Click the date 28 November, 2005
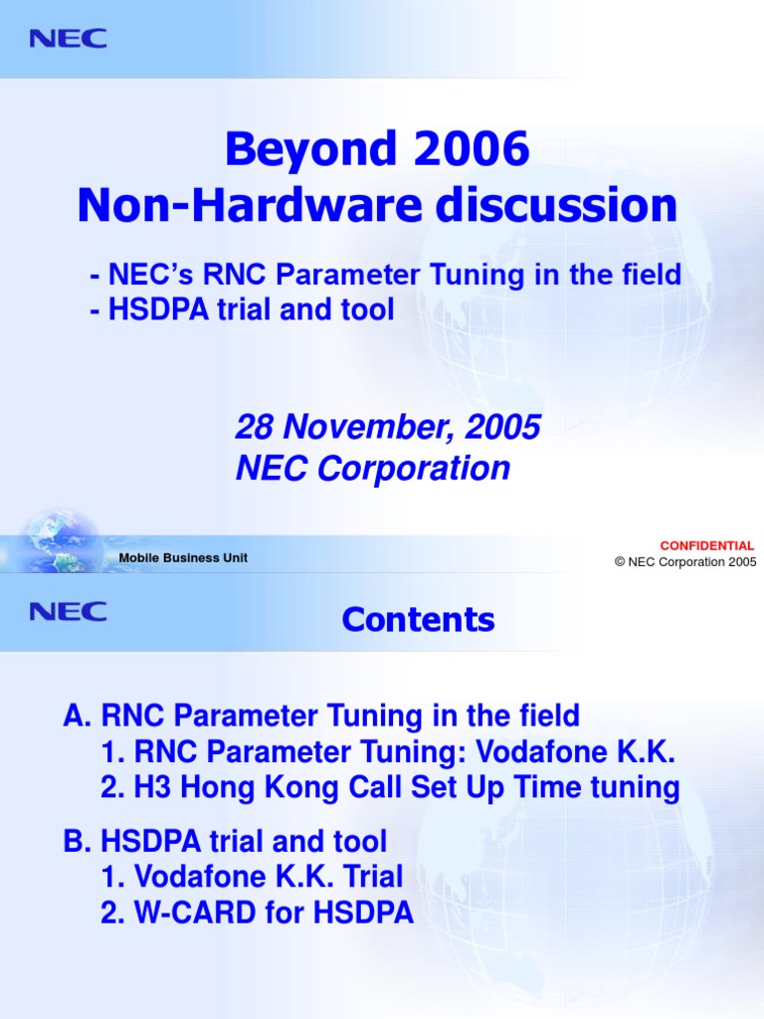click(x=387, y=428)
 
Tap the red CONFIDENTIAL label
click(x=707, y=545)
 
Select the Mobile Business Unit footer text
click(x=183, y=558)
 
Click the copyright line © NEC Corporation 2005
click(x=684, y=561)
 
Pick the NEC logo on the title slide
click(x=68, y=39)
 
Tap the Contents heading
click(x=418, y=620)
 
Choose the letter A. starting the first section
click(x=77, y=715)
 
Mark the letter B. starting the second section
click(x=77, y=842)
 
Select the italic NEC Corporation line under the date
click(x=372, y=468)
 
